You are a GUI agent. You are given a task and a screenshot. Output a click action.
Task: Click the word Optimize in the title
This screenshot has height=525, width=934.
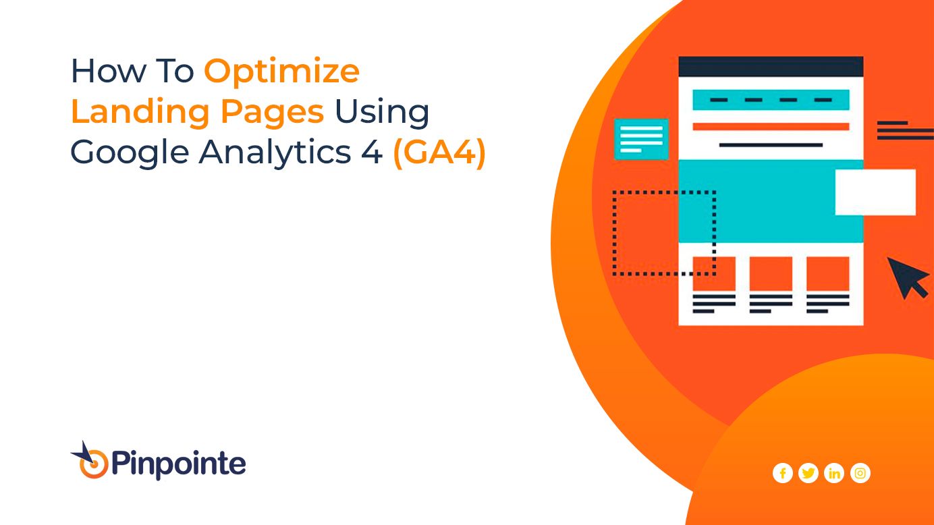tap(281, 72)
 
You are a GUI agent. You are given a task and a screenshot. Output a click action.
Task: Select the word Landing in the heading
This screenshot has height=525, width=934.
tap(140, 111)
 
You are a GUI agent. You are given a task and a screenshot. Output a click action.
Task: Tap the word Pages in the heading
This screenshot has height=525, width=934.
tap(272, 113)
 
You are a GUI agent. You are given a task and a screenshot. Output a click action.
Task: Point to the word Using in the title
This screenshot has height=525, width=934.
tap(381, 112)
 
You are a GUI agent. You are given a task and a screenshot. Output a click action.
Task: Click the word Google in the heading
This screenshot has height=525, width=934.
tap(130, 153)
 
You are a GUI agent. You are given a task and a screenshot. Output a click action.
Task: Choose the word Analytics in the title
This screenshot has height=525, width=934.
tap(275, 153)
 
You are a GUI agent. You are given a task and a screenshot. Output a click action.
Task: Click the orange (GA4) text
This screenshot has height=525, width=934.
tap(439, 153)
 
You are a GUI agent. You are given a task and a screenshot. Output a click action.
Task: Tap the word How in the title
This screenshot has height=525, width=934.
tap(109, 71)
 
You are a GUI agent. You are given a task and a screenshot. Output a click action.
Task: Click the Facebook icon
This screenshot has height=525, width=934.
tap(783, 473)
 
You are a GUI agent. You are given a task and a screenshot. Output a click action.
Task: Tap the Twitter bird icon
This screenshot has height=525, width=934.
tap(808, 473)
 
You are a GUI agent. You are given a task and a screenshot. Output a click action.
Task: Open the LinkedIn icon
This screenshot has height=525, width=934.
tap(834, 473)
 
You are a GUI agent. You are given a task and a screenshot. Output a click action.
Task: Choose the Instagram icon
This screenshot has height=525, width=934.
tap(860, 473)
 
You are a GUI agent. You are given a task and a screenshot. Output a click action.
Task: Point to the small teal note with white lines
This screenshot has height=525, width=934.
tap(641, 139)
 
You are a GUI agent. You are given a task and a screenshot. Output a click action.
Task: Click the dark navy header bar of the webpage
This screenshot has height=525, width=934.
tap(771, 67)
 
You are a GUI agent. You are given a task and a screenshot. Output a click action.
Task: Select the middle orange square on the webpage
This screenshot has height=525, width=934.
tap(771, 273)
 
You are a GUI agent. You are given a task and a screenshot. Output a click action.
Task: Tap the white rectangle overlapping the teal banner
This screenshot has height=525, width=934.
tap(876, 192)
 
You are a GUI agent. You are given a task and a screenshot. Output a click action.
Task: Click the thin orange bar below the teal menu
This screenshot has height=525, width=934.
tap(771, 127)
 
